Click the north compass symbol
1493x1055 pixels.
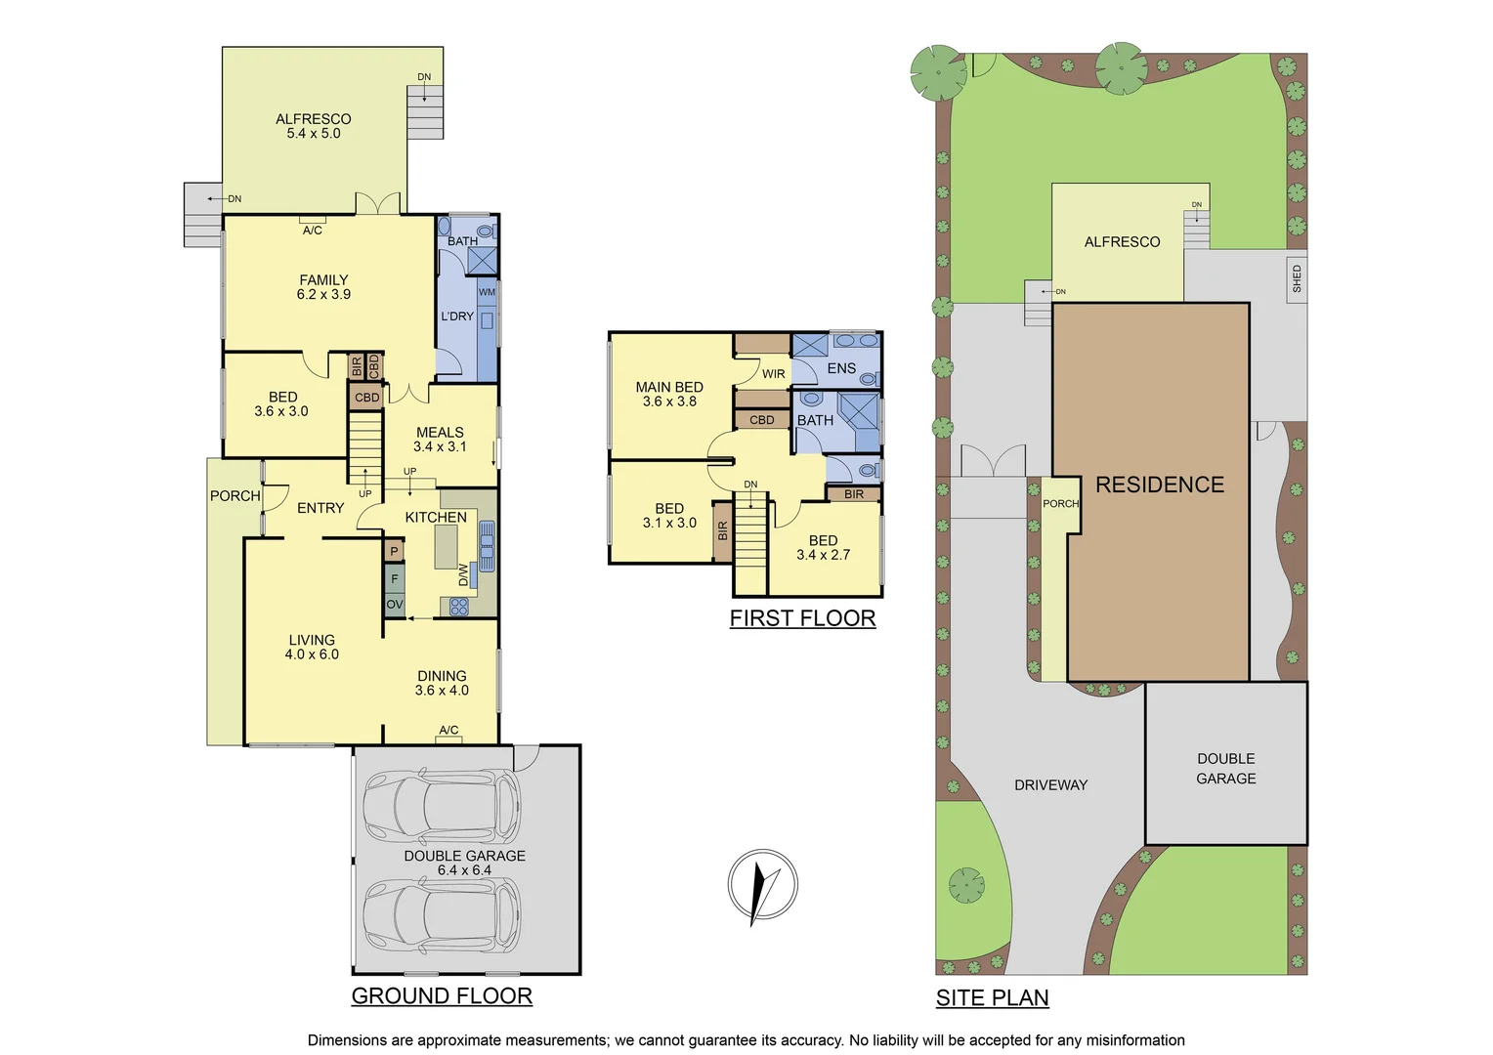tap(763, 885)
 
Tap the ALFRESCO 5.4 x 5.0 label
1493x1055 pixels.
tap(313, 126)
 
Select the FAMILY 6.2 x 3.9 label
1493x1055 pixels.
tap(323, 287)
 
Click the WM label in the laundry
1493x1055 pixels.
tap(487, 292)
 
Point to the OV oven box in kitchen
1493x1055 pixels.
tap(395, 605)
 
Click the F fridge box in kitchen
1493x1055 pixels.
tap(395, 579)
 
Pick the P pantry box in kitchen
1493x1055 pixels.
tap(394, 552)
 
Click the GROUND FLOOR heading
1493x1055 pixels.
tap(442, 995)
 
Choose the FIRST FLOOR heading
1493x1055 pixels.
tap(802, 618)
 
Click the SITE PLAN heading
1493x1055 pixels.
tap(992, 997)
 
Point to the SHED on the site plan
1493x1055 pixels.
tap(1297, 278)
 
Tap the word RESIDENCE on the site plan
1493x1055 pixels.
tap(1159, 485)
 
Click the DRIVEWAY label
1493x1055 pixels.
tap(1050, 785)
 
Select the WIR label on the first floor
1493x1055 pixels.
tap(773, 374)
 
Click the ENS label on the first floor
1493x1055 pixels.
tap(841, 369)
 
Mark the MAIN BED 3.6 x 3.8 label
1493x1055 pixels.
tap(669, 395)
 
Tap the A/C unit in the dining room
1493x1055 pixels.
tap(448, 738)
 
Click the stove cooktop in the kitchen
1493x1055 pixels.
tap(458, 607)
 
